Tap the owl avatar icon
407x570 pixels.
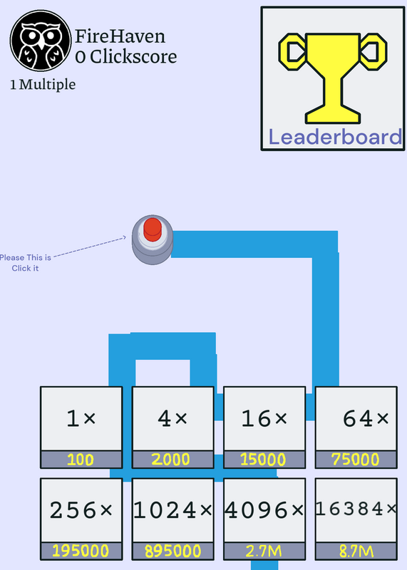41,41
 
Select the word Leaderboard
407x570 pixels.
335,137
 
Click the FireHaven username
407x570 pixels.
120,36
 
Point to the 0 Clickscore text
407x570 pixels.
126,57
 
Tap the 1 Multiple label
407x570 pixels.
43,85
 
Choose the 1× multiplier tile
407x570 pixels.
81,427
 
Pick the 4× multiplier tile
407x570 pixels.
172,427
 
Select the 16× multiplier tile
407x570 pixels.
264,427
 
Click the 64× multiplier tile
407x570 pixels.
356,427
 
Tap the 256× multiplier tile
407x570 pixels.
81,519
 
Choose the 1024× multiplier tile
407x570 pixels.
172,519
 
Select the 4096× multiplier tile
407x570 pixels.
264,519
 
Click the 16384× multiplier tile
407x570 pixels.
356,519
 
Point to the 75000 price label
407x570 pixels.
356,460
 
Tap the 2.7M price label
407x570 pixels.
264,551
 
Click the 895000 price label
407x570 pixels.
172,551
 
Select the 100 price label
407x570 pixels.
81,460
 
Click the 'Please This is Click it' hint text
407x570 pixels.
25,263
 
